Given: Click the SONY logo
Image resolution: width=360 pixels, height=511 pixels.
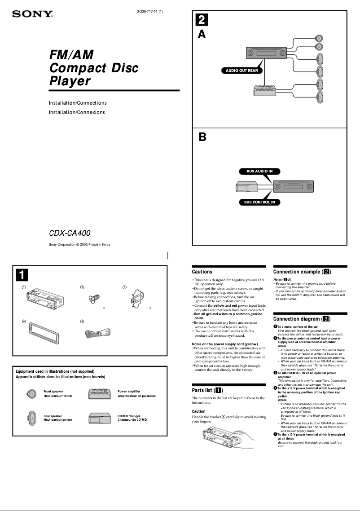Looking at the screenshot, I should (32, 15).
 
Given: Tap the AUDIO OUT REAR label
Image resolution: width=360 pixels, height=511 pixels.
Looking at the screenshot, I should (241, 70).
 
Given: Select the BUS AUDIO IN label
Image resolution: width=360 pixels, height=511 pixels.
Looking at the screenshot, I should (259, 171).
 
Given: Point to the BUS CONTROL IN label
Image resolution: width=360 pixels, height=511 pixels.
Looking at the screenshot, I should (259, 202).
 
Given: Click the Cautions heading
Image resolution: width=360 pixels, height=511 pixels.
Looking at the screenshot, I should (202, 272).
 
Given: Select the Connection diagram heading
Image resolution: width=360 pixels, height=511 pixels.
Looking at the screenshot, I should (302, 319).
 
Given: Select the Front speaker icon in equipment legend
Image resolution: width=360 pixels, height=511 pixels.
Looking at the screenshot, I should (32, 394).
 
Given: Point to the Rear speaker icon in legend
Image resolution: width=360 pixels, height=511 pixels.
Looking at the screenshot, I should (32, 418).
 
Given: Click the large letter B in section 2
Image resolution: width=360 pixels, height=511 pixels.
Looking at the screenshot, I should (202, 137).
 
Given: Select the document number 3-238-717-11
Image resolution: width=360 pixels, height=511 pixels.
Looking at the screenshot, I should (149, 11).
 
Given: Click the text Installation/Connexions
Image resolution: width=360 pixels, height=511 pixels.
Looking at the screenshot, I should (77, 112).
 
